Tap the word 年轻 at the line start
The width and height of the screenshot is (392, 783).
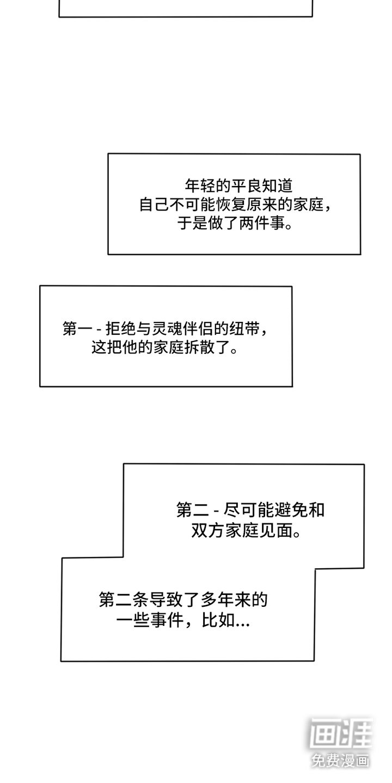[x=201, y=186]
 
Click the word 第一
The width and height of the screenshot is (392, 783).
[x=78, y=328]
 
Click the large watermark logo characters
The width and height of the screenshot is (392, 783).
[x=341, y=735]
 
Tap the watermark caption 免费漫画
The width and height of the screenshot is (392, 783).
[x=341, y=760]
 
